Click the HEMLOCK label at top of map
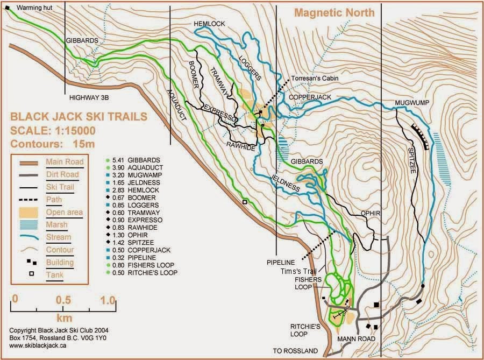coord(209,23)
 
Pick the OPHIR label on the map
coord(370,213)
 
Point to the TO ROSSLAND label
coord(295,351)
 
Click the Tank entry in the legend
coord(53,274)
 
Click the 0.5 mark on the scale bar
coord(63,299)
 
